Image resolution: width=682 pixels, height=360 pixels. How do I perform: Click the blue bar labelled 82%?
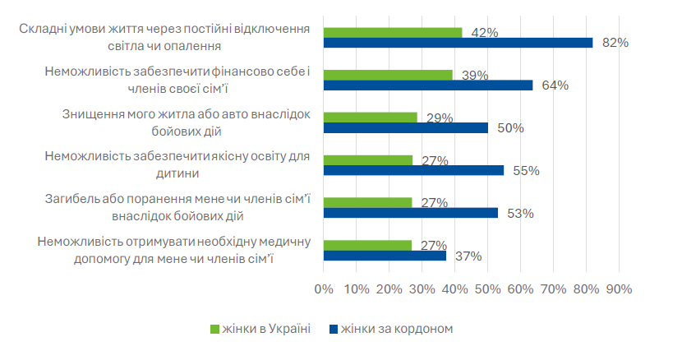point(458,43)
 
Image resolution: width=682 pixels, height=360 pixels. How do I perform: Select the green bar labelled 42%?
point(393,32)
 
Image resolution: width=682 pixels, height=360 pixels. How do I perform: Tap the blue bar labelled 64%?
point(428,85)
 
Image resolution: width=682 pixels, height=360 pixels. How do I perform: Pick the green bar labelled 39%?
point(388,75)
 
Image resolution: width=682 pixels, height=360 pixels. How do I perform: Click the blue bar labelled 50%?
point(406,127)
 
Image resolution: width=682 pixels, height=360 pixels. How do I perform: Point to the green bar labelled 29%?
point(371,118)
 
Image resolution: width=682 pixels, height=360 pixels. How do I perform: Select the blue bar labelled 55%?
point(413,170)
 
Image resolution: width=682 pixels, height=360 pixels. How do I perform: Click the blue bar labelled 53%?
point(410,213)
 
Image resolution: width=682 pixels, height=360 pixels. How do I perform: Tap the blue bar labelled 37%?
point(385,256)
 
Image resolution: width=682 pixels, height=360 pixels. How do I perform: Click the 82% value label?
point(615,43)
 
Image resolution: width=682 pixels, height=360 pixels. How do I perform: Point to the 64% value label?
point(555,85)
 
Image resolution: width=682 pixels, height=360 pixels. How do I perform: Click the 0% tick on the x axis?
point(324,289)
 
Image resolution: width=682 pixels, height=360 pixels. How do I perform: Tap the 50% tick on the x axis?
point(487,289)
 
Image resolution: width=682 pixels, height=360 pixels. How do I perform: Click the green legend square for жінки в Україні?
point(215,329)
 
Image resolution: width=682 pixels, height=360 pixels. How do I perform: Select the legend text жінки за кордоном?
point(397,329)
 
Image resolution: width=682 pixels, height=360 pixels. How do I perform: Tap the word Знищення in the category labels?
point(90,115)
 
